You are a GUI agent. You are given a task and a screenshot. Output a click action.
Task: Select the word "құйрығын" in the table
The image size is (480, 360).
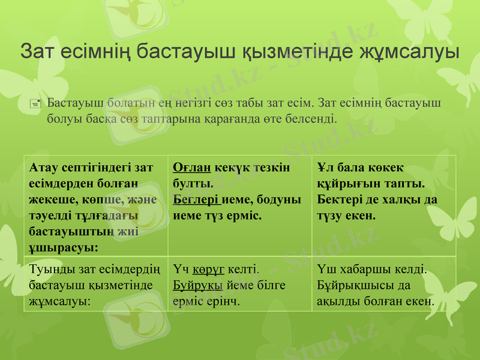click(345, 184)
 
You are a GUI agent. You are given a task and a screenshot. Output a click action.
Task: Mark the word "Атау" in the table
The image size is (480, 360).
click(43, 168)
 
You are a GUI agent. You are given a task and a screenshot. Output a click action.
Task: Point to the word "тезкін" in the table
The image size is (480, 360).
click(270, 168)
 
